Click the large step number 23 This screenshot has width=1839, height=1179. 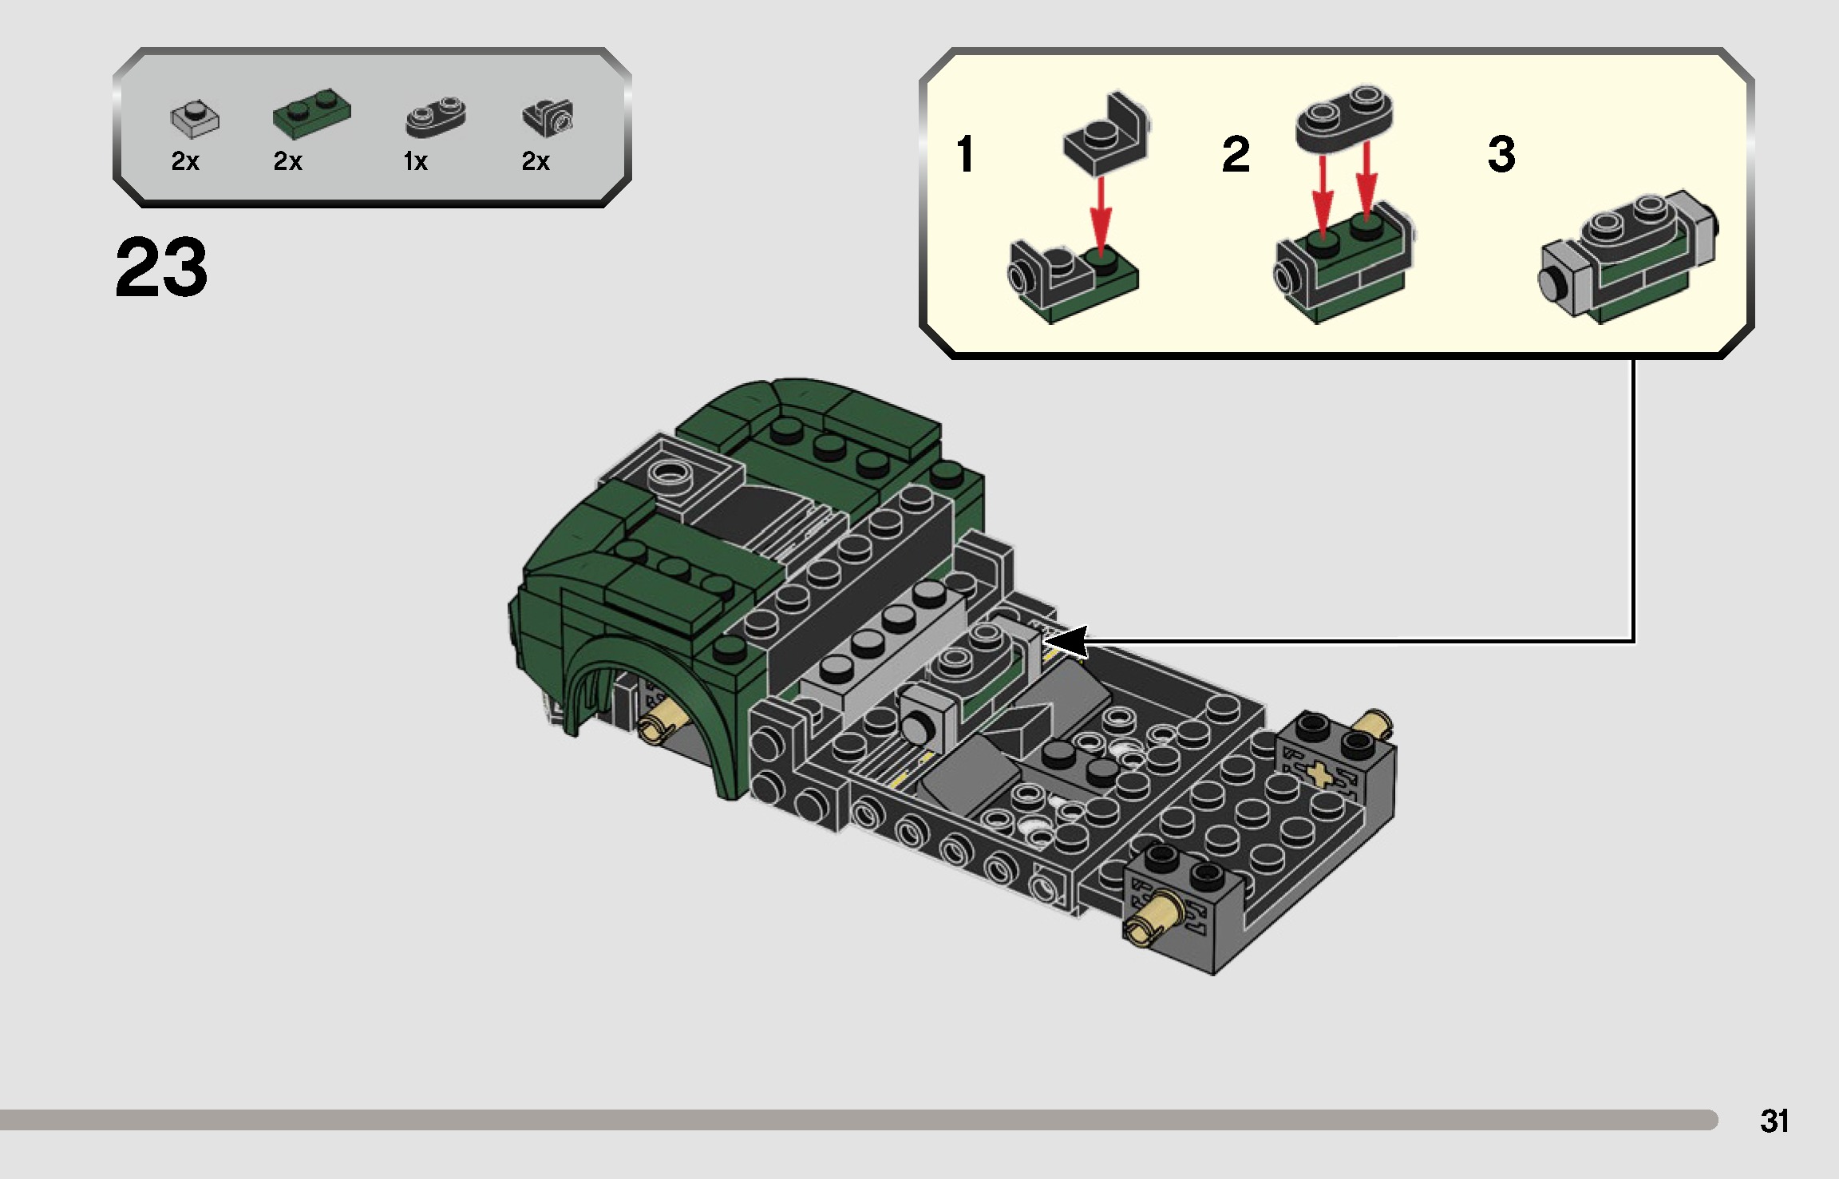pyautogui.click(x=161, y=267)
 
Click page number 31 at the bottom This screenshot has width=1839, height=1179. pyautogui.click(x=1774, y=1121)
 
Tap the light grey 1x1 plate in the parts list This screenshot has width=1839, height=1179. pyautogui.click(x=195, y=119)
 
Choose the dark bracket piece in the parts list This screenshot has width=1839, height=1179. pyautogui.click(x=548, y=117)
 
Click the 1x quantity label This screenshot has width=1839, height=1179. pyautogui.click(x=415, y=162)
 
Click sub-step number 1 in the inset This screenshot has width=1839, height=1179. pyautogui.click(x=965, y=154)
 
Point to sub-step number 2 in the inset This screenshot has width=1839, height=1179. pyautogui.click(x=1235, y=154)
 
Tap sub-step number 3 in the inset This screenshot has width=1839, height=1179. pyautogui.click(x=1501, y=154)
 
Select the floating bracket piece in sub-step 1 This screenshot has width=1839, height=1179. pyautogui.click(x=1106, y=136)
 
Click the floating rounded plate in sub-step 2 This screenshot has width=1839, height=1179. pyautogui.click(x=1345, y=117)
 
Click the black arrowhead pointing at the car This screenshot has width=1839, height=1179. pyautogui.click(x=1066, y=642)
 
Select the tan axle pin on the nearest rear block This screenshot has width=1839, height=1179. pyautogui.click(x=1149, y=917)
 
